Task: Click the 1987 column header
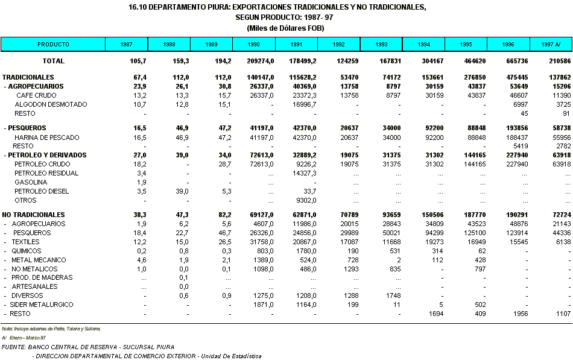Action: click(x=126, y=45)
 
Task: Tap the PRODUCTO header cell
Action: click(x=53, y=45)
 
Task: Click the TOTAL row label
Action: click(x=53, y=61)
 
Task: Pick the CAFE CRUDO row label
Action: click(x=36, y=95)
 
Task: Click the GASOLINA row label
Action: click(x=27, y=182)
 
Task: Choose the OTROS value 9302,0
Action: click(x=305, y=200)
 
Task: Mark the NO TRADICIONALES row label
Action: click(x=33, y=215)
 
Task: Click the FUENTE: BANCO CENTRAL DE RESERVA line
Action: click(x=88, y=347)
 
